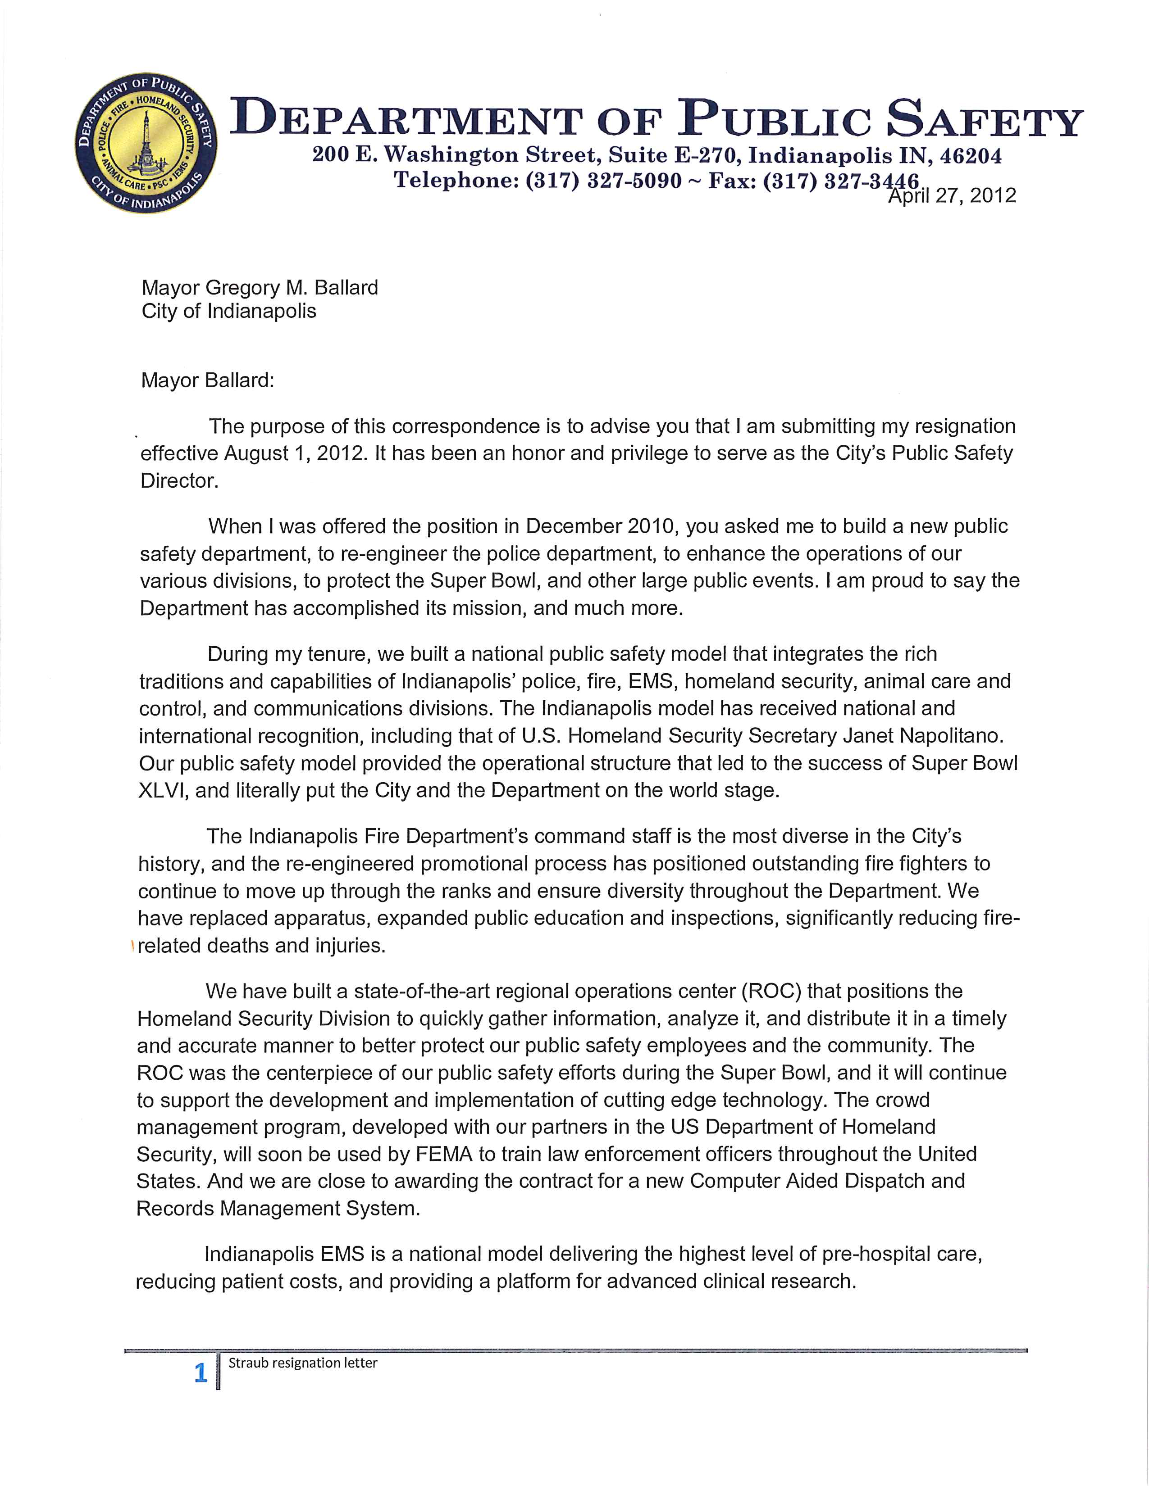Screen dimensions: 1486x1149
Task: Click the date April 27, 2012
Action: (x=952, y=196)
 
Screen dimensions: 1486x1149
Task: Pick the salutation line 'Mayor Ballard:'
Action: (x=207, y=381)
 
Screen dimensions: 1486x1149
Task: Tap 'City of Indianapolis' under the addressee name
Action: (x=229, y=312)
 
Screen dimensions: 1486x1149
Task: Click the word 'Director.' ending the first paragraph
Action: (x=180, y=480)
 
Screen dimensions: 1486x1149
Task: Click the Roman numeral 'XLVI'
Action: (x=164, y=791)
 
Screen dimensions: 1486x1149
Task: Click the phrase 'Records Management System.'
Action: (x=278, y=1209)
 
